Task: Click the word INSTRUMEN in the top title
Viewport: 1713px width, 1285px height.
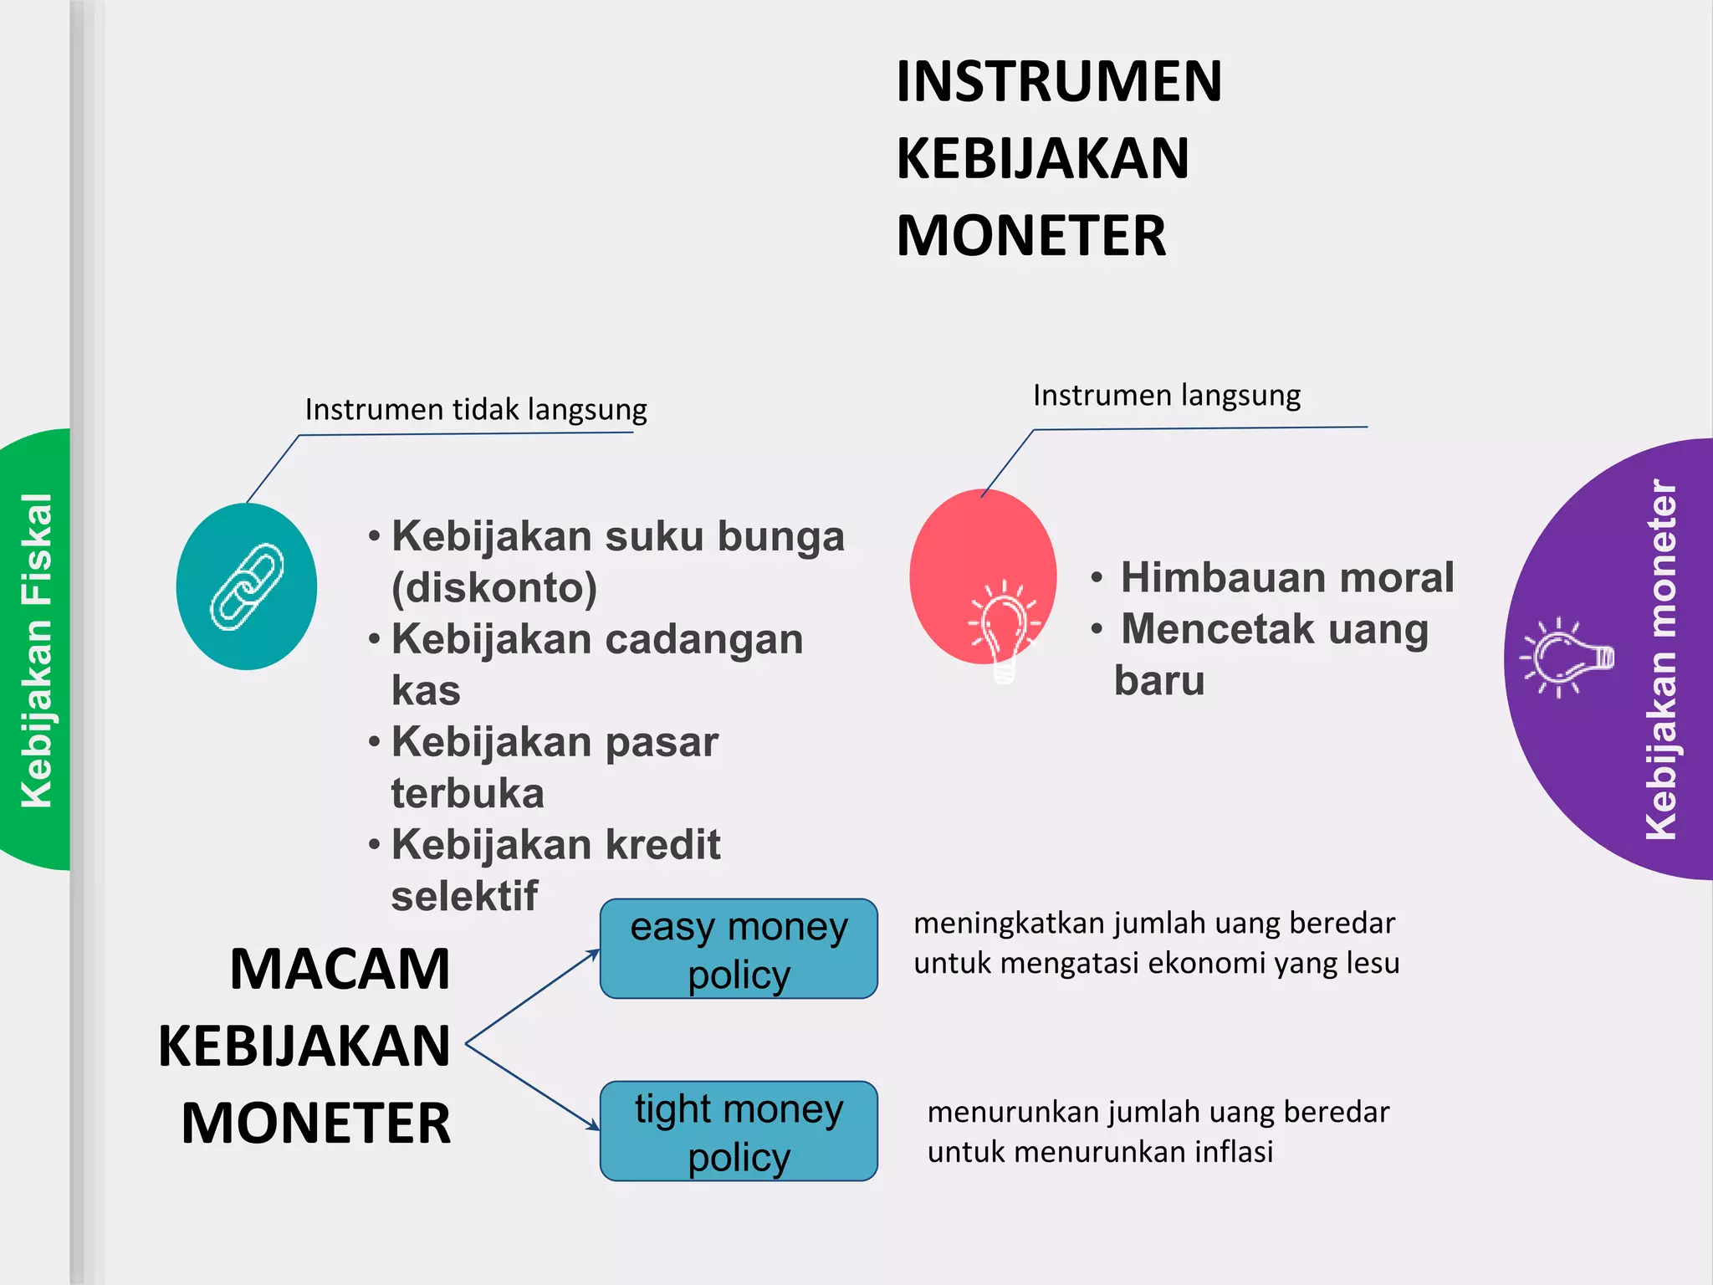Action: [1059, 82]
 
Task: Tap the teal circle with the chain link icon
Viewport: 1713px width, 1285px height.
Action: [247, 586]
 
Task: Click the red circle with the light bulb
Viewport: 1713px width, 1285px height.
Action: [983, 576]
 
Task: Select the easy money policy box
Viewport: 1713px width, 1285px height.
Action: [739, 949]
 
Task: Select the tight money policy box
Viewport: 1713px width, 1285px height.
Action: [739, 1131]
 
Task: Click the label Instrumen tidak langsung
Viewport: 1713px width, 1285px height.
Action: [475, 410]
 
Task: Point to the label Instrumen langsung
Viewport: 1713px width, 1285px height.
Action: [1166, 395]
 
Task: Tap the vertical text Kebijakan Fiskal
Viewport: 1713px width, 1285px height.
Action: [37, 651]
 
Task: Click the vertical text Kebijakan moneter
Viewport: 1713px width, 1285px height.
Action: [1661, 659]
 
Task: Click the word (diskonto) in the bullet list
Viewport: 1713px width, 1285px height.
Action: [494, 588]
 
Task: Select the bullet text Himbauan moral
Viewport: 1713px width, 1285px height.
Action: [1286, 577]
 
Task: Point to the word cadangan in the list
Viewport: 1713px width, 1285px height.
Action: [703, 640]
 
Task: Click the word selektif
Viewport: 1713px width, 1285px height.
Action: [464, 897]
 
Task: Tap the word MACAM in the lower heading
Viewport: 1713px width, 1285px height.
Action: [340, 970]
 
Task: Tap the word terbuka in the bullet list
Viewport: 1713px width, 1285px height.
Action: [468, 794]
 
